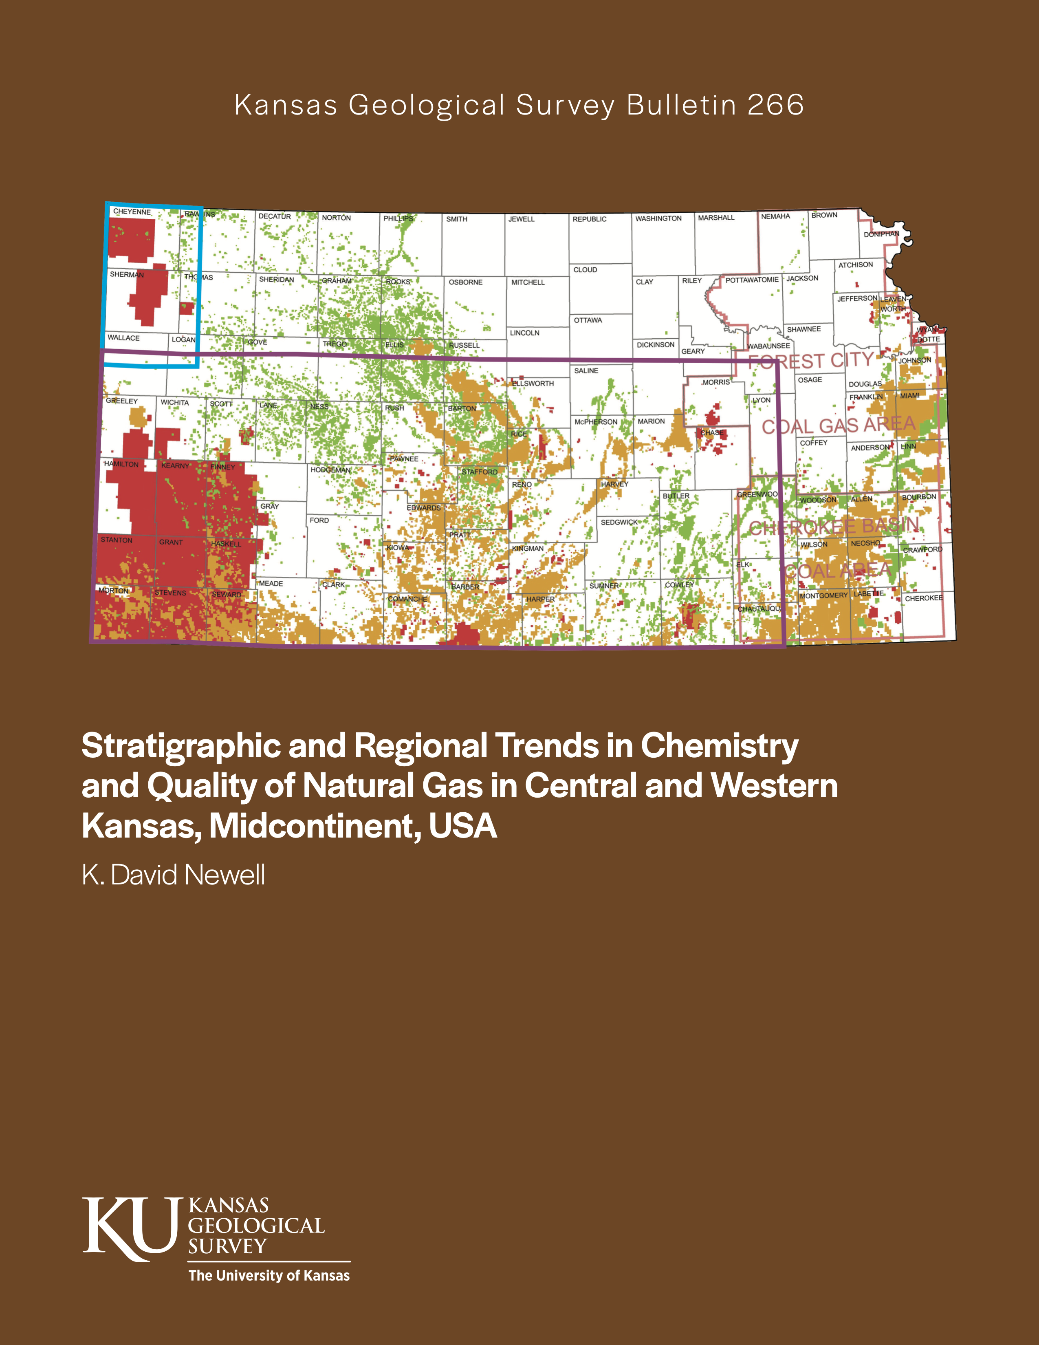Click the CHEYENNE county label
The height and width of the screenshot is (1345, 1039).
132,212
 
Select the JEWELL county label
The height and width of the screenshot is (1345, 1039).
522,219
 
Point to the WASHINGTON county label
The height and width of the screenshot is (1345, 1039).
658,218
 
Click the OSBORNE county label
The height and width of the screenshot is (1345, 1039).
465,283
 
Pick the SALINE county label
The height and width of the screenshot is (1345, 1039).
586,371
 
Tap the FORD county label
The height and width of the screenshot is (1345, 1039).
319,520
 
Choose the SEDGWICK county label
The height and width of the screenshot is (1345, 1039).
619,522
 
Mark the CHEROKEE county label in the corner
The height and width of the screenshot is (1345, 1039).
923,598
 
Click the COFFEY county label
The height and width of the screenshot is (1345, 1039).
814,443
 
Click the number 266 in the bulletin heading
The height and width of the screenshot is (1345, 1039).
775,105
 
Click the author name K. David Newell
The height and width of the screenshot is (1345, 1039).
174,875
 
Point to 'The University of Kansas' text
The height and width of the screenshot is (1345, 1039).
269,1275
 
